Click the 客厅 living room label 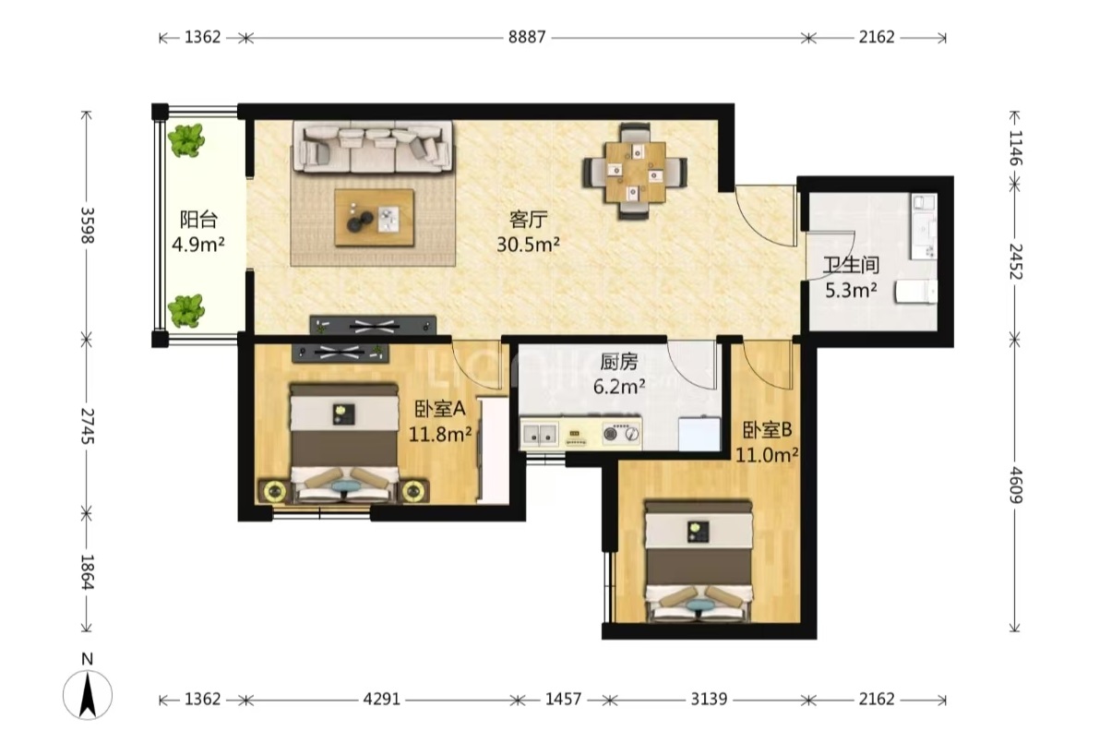click(x=528, y=220)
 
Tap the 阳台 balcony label click(x=198, y=220)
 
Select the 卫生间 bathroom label click(x=851, y=265)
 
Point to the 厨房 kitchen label click(x=619, y=362)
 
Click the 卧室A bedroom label click(x=439, y=409)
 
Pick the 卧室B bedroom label click(x=768, y=430)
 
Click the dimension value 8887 click(x=526, y=37)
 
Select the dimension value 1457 click(x=563, y=699)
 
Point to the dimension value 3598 click(x=88, y=225)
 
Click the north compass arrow click(x=88, y=694)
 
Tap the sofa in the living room click(x=373, y=147)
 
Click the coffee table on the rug click(x=375, y=217)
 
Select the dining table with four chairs click(x=635, y=171)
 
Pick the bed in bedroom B click(x=699, y=561)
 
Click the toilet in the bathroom click(x=915, y=291)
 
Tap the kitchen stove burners click(x=622, y=435)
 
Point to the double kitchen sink click(x=539, y=435)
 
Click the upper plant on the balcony click(x=186, y=140)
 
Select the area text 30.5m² click(x=528, y=245)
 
